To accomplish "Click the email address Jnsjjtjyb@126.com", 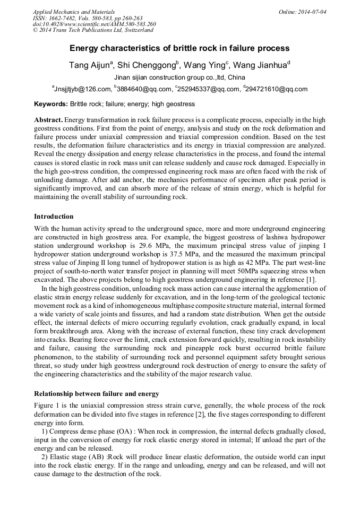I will pos(82,89).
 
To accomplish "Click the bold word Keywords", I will pos(50,104).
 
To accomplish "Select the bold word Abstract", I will pos(48,120).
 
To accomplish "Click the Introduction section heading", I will pos(54,217).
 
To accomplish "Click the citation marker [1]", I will pos(311,280).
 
